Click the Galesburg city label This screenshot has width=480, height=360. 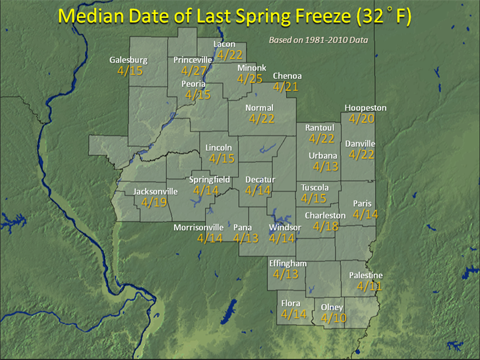pos(129,60)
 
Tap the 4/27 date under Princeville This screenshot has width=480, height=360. pos(195,71)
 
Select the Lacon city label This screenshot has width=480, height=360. pos(224,44)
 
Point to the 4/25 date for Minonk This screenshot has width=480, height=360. pos(250,79)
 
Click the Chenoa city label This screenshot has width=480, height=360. pos(287,76)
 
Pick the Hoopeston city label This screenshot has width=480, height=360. pos(365,108)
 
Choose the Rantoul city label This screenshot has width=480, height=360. pos(320,127)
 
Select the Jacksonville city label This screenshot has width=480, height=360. pos(156,191)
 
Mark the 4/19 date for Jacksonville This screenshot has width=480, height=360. pos(154,203)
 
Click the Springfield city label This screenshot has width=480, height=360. pos(210,179)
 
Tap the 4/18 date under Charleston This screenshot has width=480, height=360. pos(325,227)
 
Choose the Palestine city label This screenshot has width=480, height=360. pos(365,276)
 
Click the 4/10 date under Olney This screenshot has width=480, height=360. pos(334,318)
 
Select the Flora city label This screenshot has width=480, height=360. pos(291,303)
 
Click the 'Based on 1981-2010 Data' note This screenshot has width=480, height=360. pos(318,40)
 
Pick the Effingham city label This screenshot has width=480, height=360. pos(288,263)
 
